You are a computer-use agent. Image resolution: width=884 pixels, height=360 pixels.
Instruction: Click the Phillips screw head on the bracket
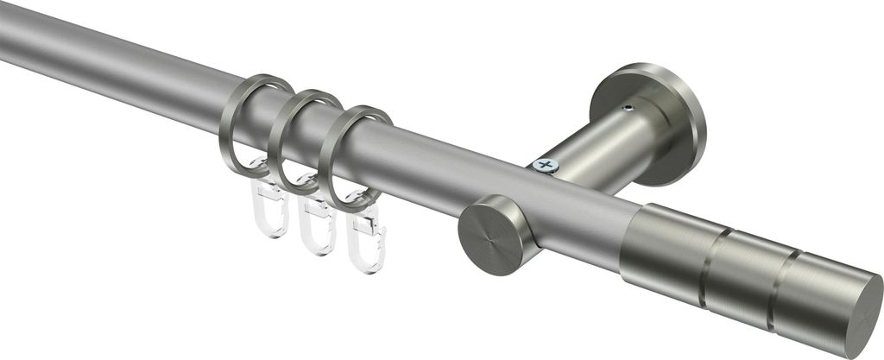click(545, 164)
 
